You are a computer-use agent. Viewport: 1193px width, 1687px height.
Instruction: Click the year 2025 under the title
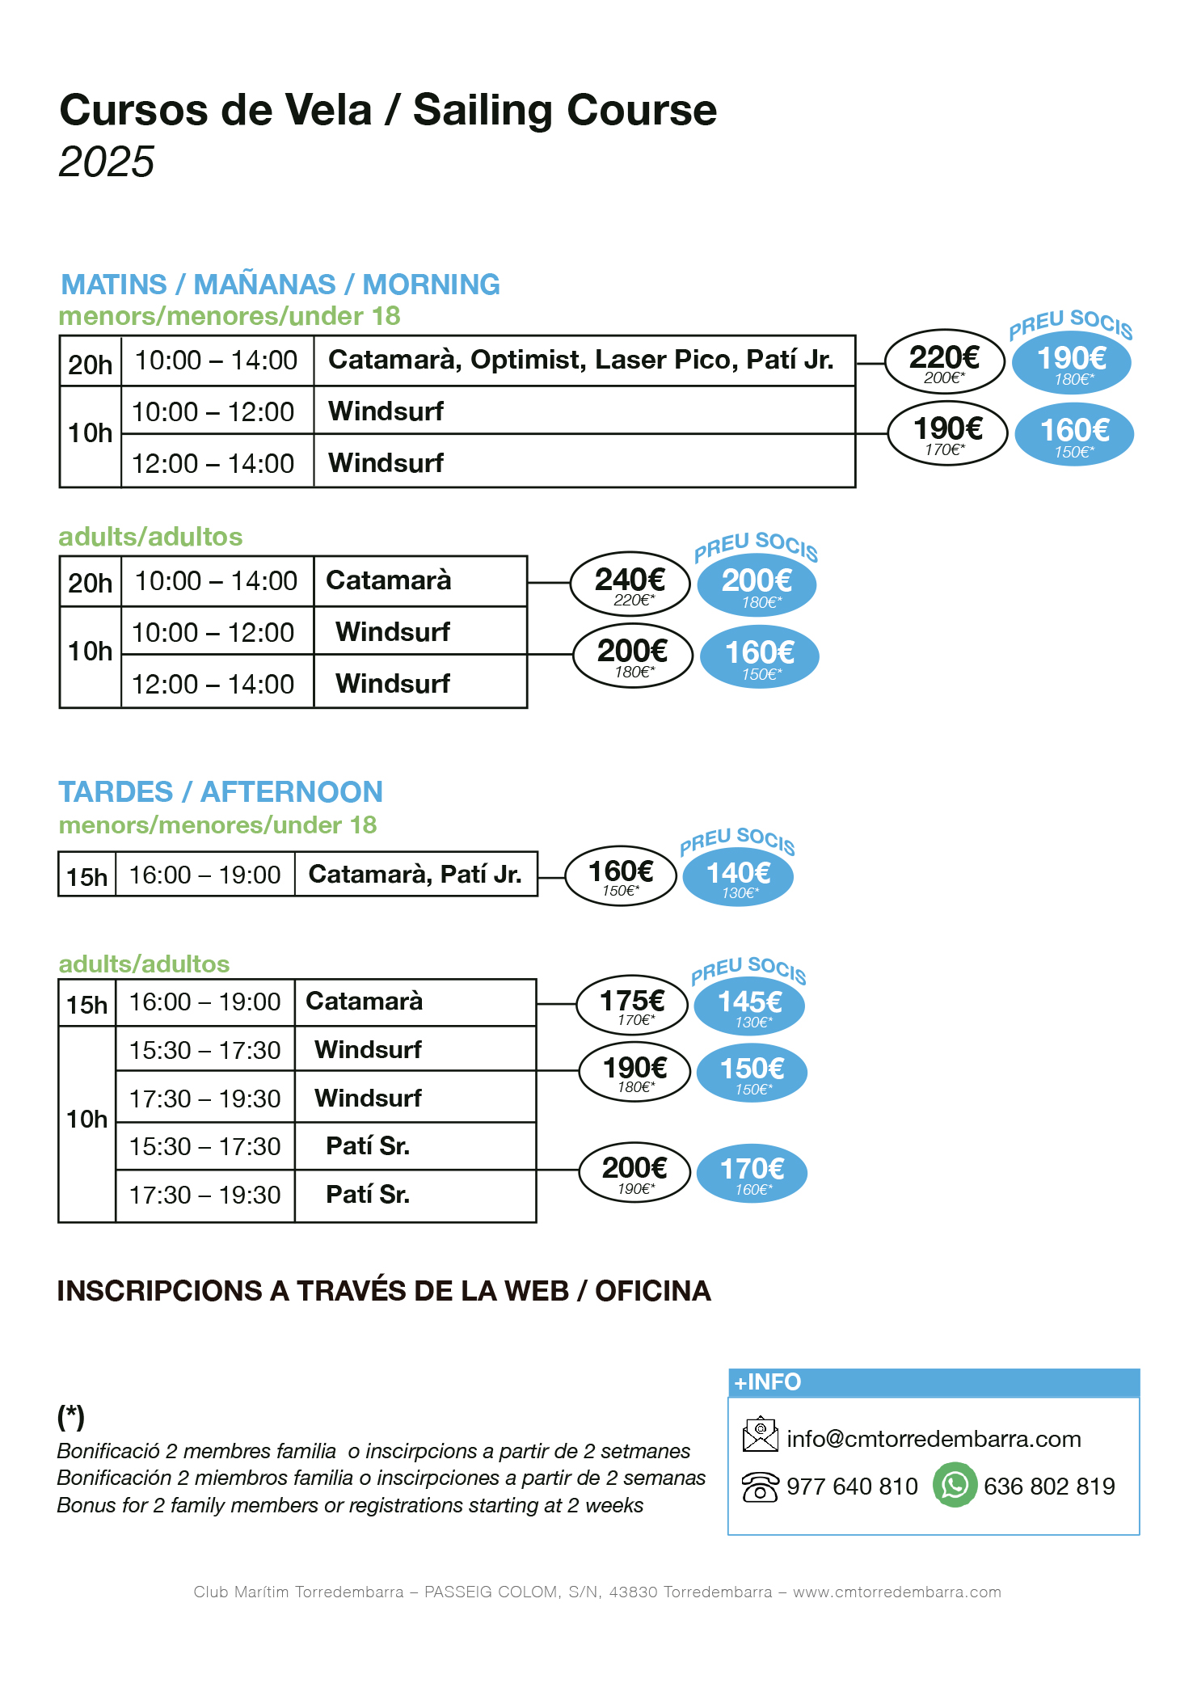click(106, 162)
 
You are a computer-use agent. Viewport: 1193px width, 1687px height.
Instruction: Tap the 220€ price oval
click(944, 361)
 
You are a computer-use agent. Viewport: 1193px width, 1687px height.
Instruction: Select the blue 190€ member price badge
click(1071, 362)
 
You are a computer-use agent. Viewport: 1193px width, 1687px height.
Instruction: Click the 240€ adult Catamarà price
click(630, 584)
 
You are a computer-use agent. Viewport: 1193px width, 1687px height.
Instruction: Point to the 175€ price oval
click(632, 1005)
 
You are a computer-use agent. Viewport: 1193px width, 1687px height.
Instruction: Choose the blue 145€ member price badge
click(749, 1006)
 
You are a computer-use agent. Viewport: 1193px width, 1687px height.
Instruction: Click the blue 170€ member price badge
click(752, 1173)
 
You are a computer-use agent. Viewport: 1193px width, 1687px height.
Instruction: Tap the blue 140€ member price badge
click(738, 877)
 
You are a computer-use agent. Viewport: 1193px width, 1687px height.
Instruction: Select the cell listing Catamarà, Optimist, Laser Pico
click(580, 361)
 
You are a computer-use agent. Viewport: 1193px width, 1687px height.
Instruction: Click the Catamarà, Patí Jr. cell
click(415, 874)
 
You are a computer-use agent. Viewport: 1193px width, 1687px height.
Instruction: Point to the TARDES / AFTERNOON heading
click(220, 791)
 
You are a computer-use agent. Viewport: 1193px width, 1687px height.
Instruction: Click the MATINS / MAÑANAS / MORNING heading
click(280, 285)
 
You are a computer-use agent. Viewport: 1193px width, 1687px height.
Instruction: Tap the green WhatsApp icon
click(955, 1485)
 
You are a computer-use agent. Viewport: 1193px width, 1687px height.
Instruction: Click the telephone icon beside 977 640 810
click(760, 1487)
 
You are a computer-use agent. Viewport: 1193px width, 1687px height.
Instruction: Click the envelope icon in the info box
click(760, 1435)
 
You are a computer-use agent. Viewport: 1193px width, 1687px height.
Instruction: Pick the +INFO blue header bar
click(934, 1382)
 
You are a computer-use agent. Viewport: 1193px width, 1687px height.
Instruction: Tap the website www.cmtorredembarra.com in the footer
click(896, 1592)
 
